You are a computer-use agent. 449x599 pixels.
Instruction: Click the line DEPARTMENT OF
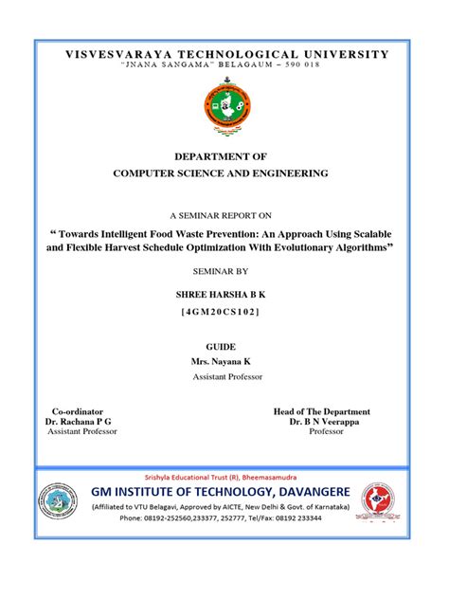click(x=224, y=156)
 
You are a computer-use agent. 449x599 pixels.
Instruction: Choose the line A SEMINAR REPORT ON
click(x=224, y=216)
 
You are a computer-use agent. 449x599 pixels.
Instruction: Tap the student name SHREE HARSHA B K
click(x=224, y=296)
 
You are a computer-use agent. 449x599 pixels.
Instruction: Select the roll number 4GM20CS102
click(x=224, y=312)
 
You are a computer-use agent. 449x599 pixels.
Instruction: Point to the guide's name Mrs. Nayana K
click(x=224, y=362)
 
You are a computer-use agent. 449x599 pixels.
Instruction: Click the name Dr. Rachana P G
click(x=79, y=421)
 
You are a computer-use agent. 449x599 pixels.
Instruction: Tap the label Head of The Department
click(x=321, y=411)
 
